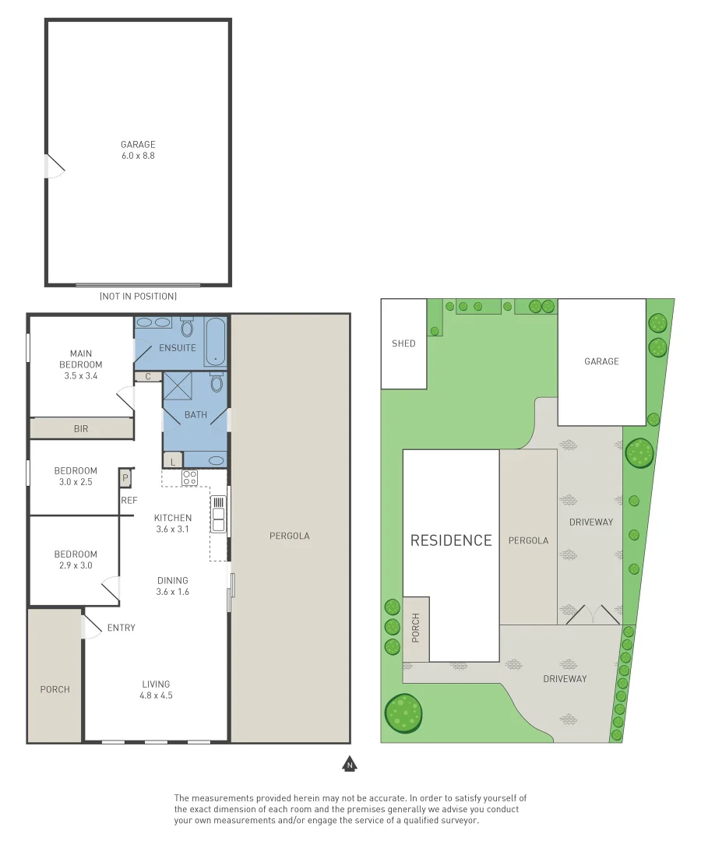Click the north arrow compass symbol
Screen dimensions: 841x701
(x=350, y=765)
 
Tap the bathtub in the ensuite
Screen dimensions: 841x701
(x=217, y=341)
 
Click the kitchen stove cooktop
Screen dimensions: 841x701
(x=190, y=477)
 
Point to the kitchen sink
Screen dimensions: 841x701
(x=219, y=515)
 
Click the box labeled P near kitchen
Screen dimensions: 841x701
(x=125, y=477)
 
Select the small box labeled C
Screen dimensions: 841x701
(x=148, y=377)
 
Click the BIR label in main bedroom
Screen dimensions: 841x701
(x=81, y=428)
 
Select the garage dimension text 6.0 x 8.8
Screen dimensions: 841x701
(x=138, y=156)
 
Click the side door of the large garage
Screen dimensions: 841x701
(x=55, y=165)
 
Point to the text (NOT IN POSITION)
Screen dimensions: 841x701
(x=138, y=297)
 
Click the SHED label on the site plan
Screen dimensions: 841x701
(x=403, y=343)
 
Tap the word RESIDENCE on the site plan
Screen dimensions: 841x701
(x=451, y=540)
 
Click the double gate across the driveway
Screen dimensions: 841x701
(x=593, y=615)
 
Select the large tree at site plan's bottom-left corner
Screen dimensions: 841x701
(x=403, y=713)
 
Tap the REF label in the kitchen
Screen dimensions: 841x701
(x=129, y=501)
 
